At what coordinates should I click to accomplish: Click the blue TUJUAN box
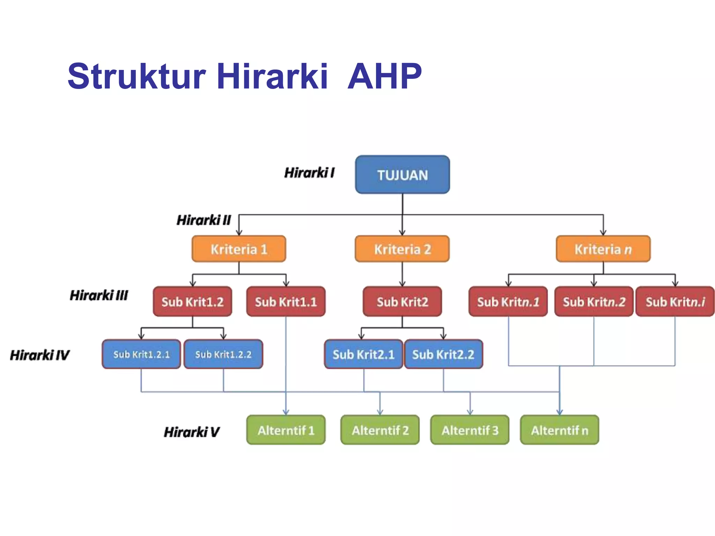pyautogui.click(x=402, y=174)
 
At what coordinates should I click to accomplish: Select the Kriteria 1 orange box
pyautogui.click(x=239, y=249)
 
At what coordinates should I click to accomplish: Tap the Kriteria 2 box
pyautogui.click(x=402, y=249)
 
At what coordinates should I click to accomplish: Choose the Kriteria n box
pyautogui.click(x=603, y=249)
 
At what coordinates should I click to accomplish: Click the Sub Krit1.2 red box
pyautogui.click(x=192, y=302)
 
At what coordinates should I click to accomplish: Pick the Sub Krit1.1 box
pyautogui.click(x=286, y=302)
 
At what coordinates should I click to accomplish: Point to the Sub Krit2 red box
pyautogui.click(x=402, y=302)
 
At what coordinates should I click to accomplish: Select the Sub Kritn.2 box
pyautogui.click(x=594, y=302)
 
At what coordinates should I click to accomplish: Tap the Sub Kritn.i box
pyautogui.click(x=675, y=302)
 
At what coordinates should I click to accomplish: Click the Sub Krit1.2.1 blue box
pyautogui.click(x=141, y=355)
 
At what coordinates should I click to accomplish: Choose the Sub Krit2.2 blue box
pyautogui.click(x=443, y=355)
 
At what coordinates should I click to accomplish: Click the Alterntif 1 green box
pyautogui.click(x=286, y=430)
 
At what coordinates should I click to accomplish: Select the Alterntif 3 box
pyautogui.click(x=470, y=430)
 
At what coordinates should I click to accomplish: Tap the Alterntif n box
pyautogui.click(x=559, y=430)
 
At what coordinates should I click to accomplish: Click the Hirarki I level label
pyautogui.click(x=309, y=173)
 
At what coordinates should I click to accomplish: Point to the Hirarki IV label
pyautogui.click(x=39, y=355)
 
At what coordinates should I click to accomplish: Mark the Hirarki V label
pyautogui.click(x=191, y=432)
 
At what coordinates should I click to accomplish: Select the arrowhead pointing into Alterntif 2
pyautogui.click(x=380, y=412)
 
